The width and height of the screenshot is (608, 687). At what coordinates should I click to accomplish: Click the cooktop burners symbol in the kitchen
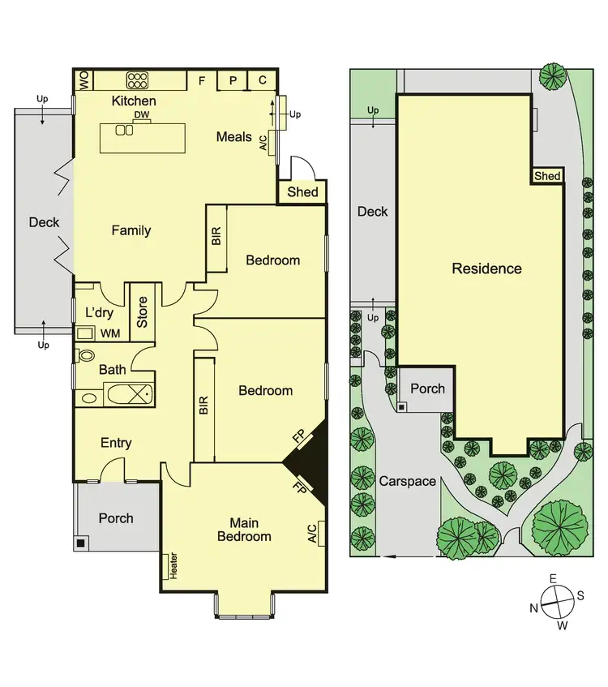pyautogui.click(x=138, y=79)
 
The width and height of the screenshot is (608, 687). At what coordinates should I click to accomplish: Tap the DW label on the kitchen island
pyautogui.click(x=142, y=116)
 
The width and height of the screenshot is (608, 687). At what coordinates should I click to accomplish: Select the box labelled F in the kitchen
pyautogui.click(x=202, y=79)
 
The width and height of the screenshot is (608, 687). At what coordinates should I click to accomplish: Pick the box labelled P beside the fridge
pyautogui.click(x=233, y=79)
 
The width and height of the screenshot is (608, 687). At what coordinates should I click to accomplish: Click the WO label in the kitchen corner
pyautogui.click(x=83, y=79)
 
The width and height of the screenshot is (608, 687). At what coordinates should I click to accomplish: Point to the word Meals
pyautogui.click(x=233, y=137)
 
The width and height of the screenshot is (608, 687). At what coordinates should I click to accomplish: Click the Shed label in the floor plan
pyautogui.click(x=302, y=192)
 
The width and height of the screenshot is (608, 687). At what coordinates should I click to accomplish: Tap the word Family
pyautogui.click(x=131, y=230)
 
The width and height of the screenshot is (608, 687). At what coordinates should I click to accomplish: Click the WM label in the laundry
pyautogui.click(x=109, y=333)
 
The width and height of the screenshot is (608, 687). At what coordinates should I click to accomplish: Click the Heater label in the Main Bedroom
pyautogui.click(x=173, y=565)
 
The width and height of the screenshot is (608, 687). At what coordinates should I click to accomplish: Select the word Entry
pyautogui.click(x=116, y=443)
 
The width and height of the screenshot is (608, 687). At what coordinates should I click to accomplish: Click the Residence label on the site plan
pyautogui.click(x=486, y=268)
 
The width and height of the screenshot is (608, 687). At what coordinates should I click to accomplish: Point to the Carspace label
pyautogui.click(x=408, y=481)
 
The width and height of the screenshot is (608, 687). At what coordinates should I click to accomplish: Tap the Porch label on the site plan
pyautogui.click(x=427, y=389)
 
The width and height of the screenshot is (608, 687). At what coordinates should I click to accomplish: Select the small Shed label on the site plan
pyautogui.click(x=547, y=176)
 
